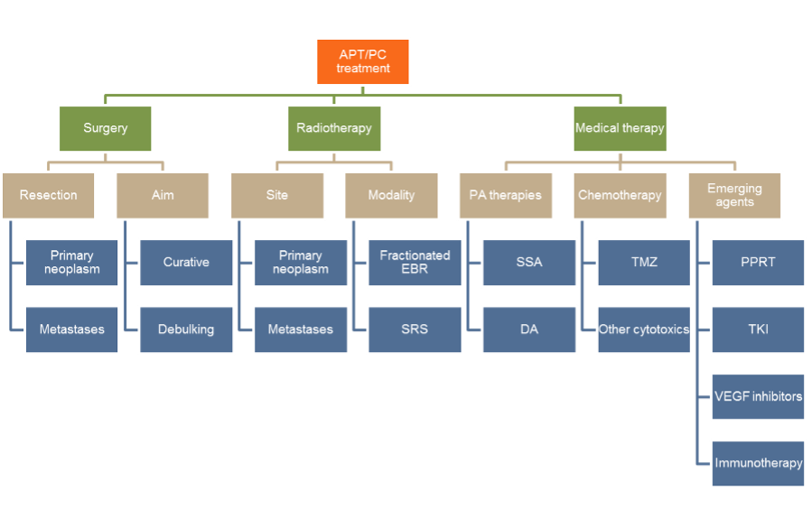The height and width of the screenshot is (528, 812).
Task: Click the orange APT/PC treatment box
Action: (x=362, y=61)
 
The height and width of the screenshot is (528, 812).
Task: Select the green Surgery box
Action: (x=106, y=128)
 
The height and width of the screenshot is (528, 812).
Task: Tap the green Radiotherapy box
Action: (x=333, y=128)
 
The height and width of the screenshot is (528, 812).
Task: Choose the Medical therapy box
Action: (x=620, y=128)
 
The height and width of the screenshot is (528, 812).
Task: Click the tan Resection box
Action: (x=49, y=195)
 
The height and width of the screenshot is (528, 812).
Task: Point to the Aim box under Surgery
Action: (x=163, y=195)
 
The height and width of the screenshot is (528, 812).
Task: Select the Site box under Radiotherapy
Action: (x=277, y=195)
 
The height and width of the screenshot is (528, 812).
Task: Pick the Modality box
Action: (x=391, y=195)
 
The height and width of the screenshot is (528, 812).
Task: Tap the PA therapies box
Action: (x=506, y=195)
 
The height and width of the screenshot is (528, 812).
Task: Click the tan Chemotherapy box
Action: (x=620, y=195)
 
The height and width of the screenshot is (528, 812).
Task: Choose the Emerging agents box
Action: (x=734, y=195)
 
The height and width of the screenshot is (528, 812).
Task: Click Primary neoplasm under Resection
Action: (x=72, y=263)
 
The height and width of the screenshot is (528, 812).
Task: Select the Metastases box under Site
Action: (x=301, y=329)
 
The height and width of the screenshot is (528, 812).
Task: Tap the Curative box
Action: (x=186, y=263)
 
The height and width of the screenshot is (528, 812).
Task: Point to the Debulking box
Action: (x=186, y=329)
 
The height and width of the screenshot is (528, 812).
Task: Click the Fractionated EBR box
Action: (x=415, y=263)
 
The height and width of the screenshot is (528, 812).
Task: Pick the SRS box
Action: (x=415, y=329)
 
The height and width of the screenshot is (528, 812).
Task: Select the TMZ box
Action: (x=643, y=263)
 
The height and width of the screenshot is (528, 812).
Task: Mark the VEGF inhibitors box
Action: (x=758, y=396)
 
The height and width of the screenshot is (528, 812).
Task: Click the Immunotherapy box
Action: (x=758, y=463)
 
